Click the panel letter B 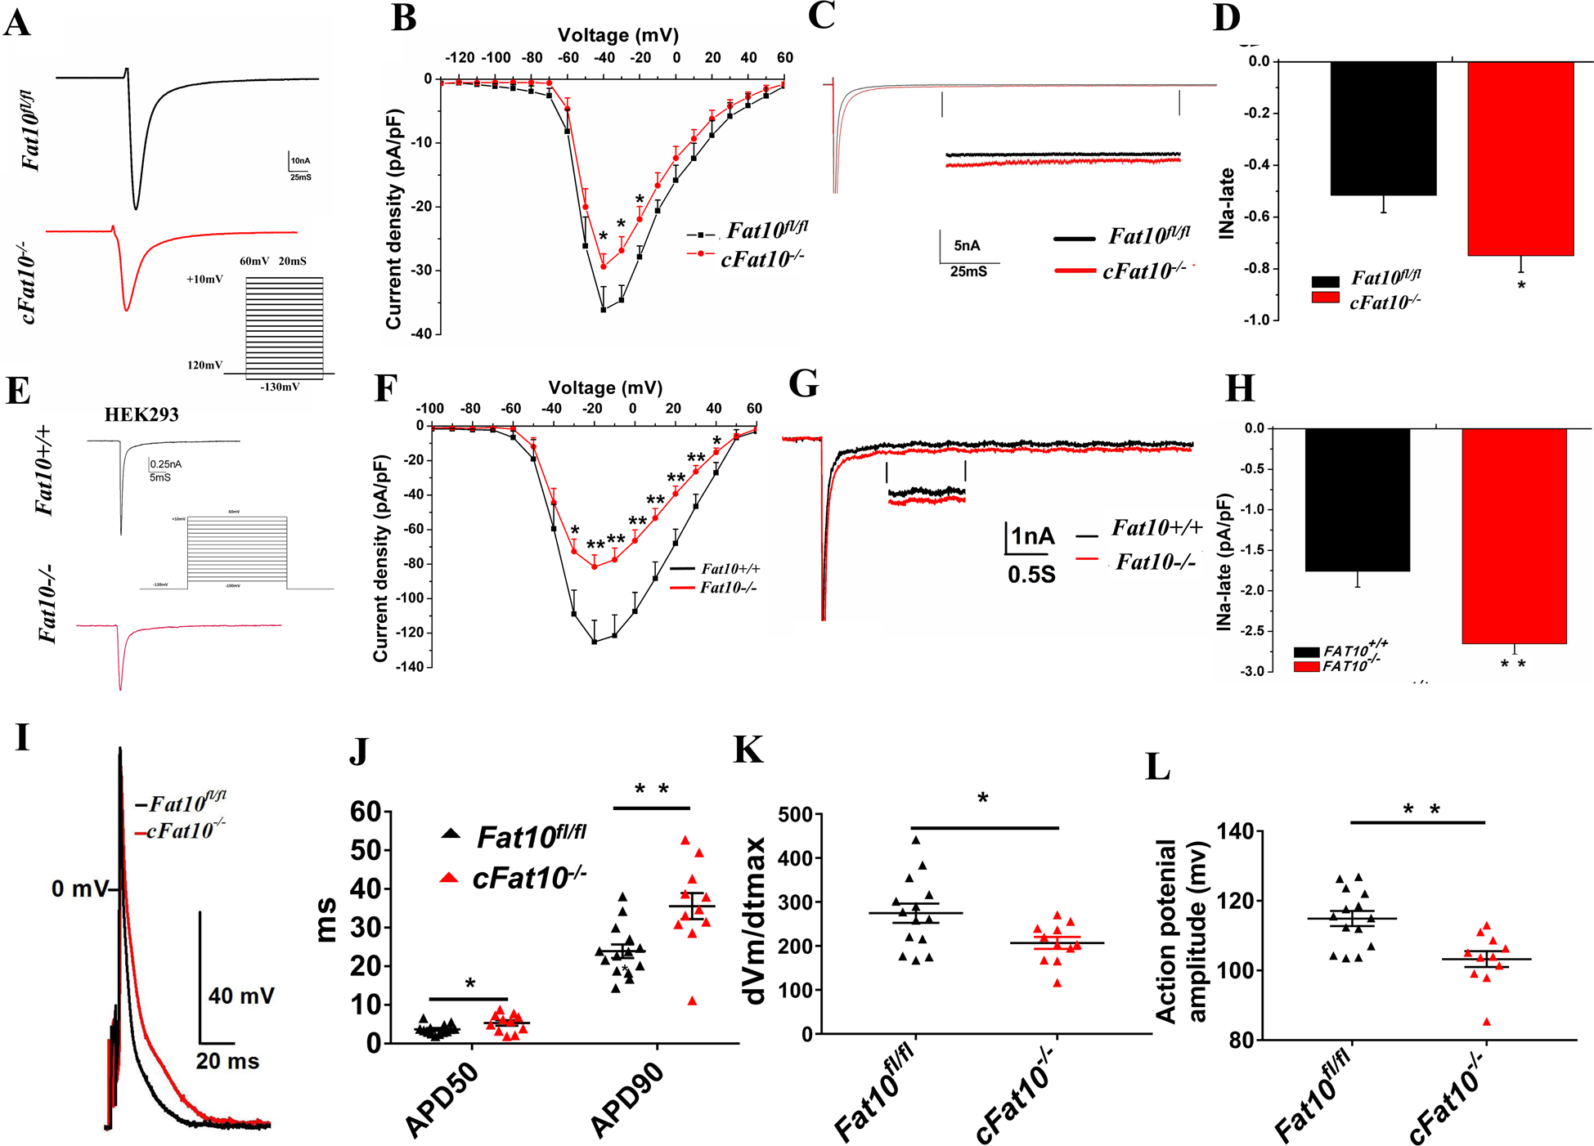coord(403,18)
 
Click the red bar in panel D coord(1520,159)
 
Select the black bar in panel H coord(1357,499)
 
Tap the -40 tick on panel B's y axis coord(421,334)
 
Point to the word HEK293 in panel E coord(141,414)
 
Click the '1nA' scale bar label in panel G coord(1033,537)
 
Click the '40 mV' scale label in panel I coord(241,996)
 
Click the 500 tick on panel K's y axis coord(795,815)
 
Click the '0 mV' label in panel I coord(79,889)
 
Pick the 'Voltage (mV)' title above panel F coord(605,387)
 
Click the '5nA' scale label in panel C coord(967,245)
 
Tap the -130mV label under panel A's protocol coord(280,387)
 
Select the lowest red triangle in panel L coord(1487,1022)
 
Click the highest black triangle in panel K coord(916,840)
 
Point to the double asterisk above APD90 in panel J coord(652,789)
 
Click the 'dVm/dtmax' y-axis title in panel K coord(754,920)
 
